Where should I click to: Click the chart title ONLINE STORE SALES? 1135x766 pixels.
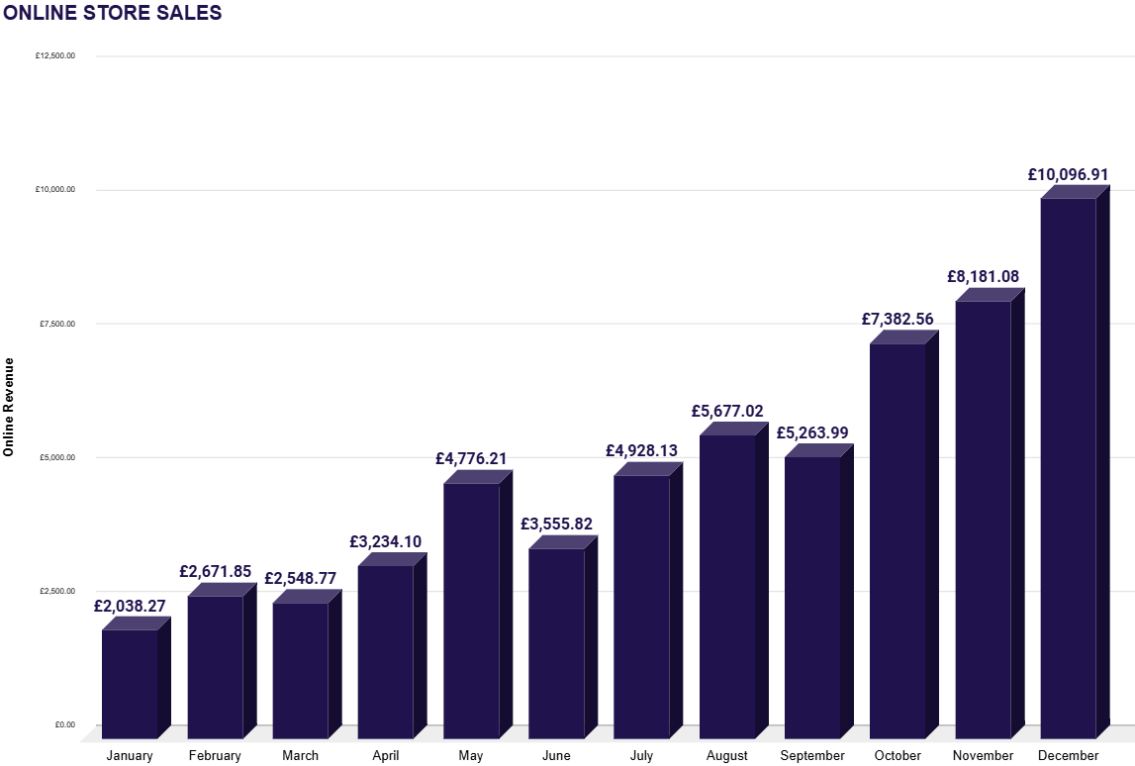tap(113, 13)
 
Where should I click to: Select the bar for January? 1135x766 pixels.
tap(130, 683)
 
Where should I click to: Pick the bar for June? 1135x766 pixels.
tap(556, 642)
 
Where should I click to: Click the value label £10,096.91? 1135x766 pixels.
tap(1068, 174)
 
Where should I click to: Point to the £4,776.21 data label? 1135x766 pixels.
tap(471, 459)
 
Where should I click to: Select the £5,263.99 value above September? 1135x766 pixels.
tap(812, 433)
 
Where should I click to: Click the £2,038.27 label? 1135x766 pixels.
tap(130, 606)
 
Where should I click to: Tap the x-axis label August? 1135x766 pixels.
tap(727, 756)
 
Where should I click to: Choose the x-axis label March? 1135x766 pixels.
tap(300, 756)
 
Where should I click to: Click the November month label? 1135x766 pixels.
tap(983, 756)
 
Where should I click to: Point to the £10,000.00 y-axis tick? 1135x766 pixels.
tap(55, 190)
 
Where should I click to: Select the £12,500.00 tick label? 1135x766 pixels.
tap(55, 56)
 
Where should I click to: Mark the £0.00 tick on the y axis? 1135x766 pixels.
tap(65, 725)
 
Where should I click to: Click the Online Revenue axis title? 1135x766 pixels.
tap(9, 406)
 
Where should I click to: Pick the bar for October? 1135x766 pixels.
tap(898, 540)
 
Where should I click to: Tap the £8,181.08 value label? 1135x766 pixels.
tap(983, 277)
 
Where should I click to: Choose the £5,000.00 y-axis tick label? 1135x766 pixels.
tap(57, 457)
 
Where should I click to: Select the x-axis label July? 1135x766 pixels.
tap(641, 756)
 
